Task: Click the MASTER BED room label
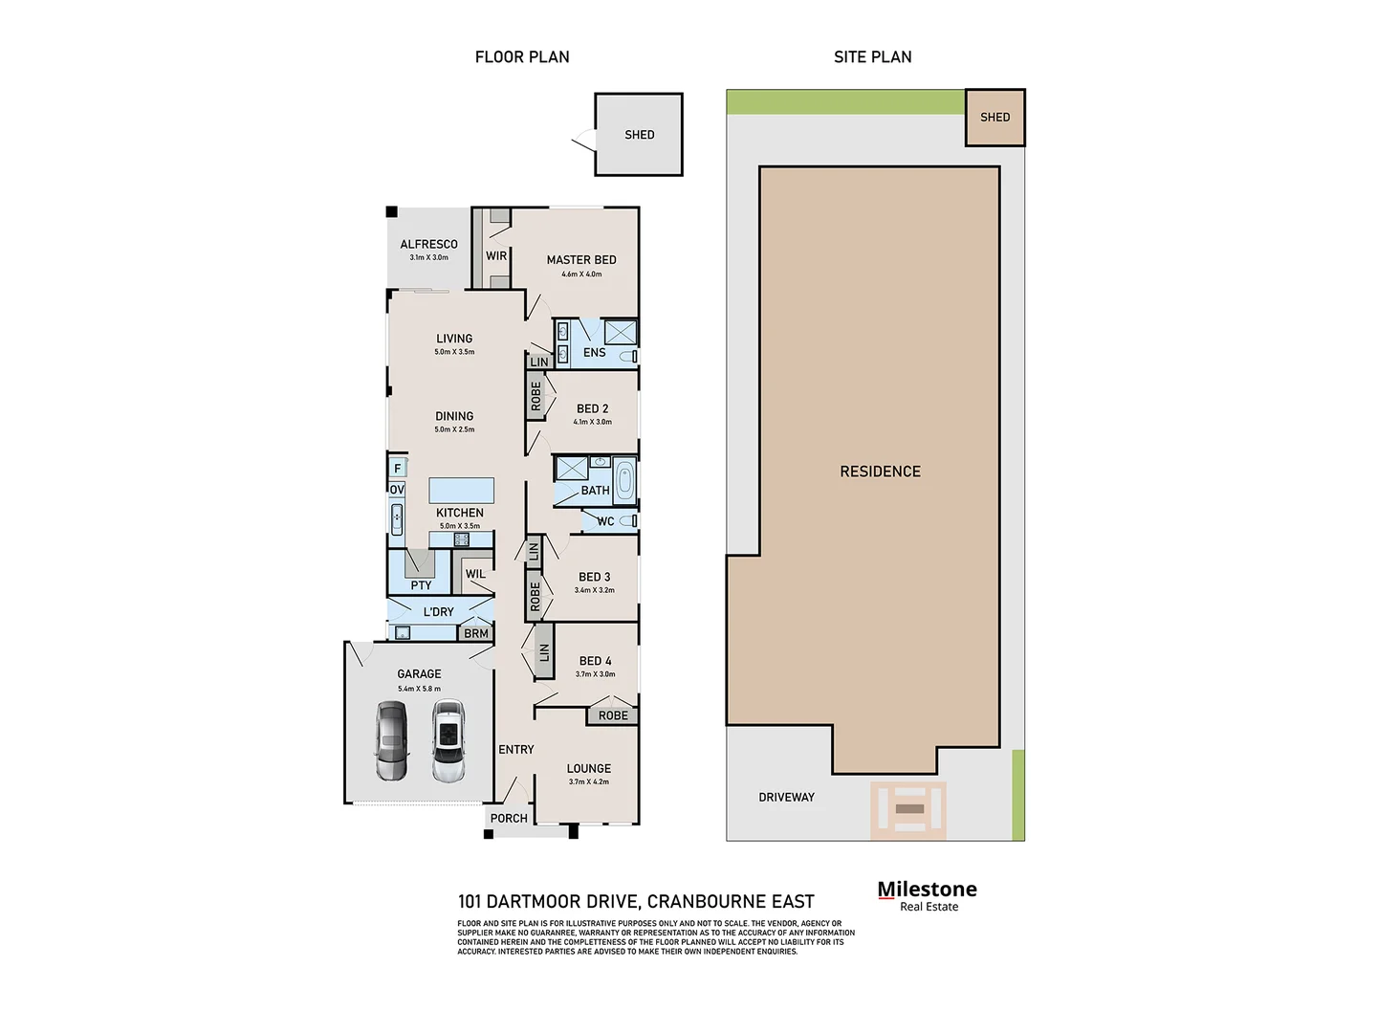(x=580, y=259)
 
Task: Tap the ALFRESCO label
(x=428, y=244)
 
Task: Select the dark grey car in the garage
(x=391, y=741)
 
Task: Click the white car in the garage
(x=448, y=741)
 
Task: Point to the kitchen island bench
(x=462, y=490)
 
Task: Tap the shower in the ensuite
(x=620, y=332)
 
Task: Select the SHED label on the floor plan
(x=640, y=135)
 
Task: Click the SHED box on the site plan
(x=994, y=118)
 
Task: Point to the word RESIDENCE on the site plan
(x=880, y=472)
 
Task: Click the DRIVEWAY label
(x=786, y=797)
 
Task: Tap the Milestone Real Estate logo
(x=927, y=895)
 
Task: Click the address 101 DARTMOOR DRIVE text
(x=636, y=901)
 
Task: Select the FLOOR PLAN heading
(x=522, y=57)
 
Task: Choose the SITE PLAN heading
(x=872, y=57)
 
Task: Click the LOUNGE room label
(x=588, y=768)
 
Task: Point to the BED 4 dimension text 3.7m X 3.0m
(x=595, y=674)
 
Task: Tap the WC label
(x=605, y=521)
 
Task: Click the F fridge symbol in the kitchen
(x=398, y=468)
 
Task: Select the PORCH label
(x=509, y=818)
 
